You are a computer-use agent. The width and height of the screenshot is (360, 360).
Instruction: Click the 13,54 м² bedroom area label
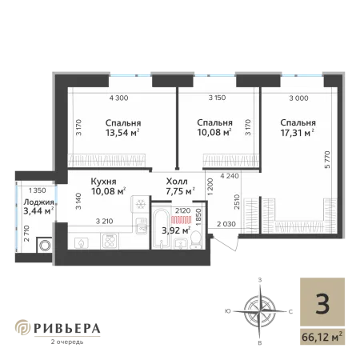(122, 133)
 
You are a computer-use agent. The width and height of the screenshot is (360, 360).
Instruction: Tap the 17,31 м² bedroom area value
(297, 133)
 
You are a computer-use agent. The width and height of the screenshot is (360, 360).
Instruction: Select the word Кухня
(103, 182)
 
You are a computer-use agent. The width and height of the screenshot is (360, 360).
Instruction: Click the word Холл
(177, 182)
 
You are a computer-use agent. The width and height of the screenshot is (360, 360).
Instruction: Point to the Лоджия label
(38, 202)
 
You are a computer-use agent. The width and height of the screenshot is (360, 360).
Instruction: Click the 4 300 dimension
(118, 98)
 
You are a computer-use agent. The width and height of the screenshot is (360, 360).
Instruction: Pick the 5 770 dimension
(327, 159)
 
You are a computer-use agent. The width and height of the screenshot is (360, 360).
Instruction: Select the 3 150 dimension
(217, 98)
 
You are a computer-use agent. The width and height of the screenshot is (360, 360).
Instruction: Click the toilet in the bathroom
(196, 240)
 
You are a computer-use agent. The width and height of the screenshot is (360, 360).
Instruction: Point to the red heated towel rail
(182, 220)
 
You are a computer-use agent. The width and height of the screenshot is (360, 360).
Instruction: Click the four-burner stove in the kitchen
(110, 241)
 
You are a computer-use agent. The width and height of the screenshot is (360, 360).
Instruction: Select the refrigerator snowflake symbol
(140, 205)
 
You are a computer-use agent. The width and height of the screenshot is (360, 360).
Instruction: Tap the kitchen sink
(142, 226)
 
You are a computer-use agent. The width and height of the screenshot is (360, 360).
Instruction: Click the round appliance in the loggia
(44, 246)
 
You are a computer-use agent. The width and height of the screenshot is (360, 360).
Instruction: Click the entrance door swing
(226, 243)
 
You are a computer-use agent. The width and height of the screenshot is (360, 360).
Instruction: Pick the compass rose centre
(260, 311)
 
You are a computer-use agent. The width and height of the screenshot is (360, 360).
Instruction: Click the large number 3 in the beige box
(322, 305)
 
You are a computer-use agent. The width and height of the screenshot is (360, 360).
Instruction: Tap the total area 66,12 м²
(322, 337)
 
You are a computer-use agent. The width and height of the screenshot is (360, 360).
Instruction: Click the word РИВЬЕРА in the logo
(67, 329)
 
